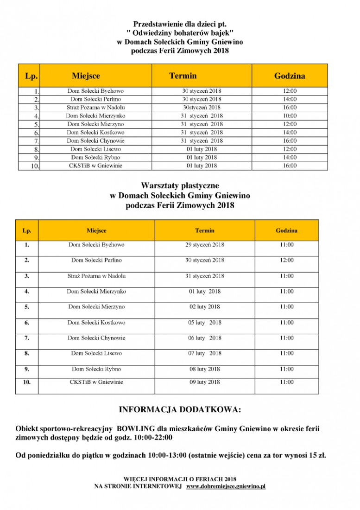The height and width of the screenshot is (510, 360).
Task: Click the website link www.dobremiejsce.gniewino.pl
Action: click(226, 486)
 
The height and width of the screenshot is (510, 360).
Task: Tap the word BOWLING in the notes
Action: click(135, 429)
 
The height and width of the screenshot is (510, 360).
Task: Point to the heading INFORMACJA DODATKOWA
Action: click(180, 410)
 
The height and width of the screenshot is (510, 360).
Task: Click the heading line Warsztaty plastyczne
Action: click(180, 186)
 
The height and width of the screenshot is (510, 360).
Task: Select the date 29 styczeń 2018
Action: click(205, 245)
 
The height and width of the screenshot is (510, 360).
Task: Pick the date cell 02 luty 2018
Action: click(205, 307)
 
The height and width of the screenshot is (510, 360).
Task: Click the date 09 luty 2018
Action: click(205, 382)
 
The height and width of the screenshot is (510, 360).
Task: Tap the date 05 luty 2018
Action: click(205, 323)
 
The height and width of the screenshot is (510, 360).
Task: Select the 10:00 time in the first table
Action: click(290, 116)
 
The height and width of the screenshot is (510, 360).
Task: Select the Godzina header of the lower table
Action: click(286, 230)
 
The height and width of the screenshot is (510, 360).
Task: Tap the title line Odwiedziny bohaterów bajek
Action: click(180, 33)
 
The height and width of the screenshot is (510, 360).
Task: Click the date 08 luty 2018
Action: click(205, 370)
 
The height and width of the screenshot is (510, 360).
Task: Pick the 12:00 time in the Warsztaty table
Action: click(286, 261)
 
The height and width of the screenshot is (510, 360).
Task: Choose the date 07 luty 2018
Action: click(205, 354)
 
